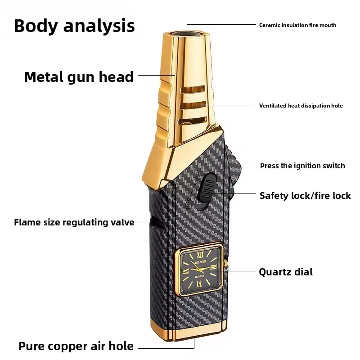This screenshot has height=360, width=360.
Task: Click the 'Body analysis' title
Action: pyautogui.click(x=74, y=26)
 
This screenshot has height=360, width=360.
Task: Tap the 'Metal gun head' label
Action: pyautogui.click(x=79, y=77)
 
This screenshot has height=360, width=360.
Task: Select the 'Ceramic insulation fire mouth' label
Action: pyautogui.click(x=297, y=25)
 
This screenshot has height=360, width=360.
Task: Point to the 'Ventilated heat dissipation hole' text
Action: pyautogui.click(x=301, y=106)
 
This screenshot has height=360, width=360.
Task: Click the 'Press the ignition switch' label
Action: pyautogui.click(x=302, y=166)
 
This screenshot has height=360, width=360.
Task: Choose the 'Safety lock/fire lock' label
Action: pyautogui.click(x=305, y=195)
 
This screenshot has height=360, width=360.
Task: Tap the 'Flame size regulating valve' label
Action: pyautogui.click(x=74, y=222)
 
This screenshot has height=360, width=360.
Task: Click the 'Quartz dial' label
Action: pyautogui.click(x=285, y=272)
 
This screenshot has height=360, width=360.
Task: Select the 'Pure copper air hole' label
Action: pyautogui.click(x=76, y=346)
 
